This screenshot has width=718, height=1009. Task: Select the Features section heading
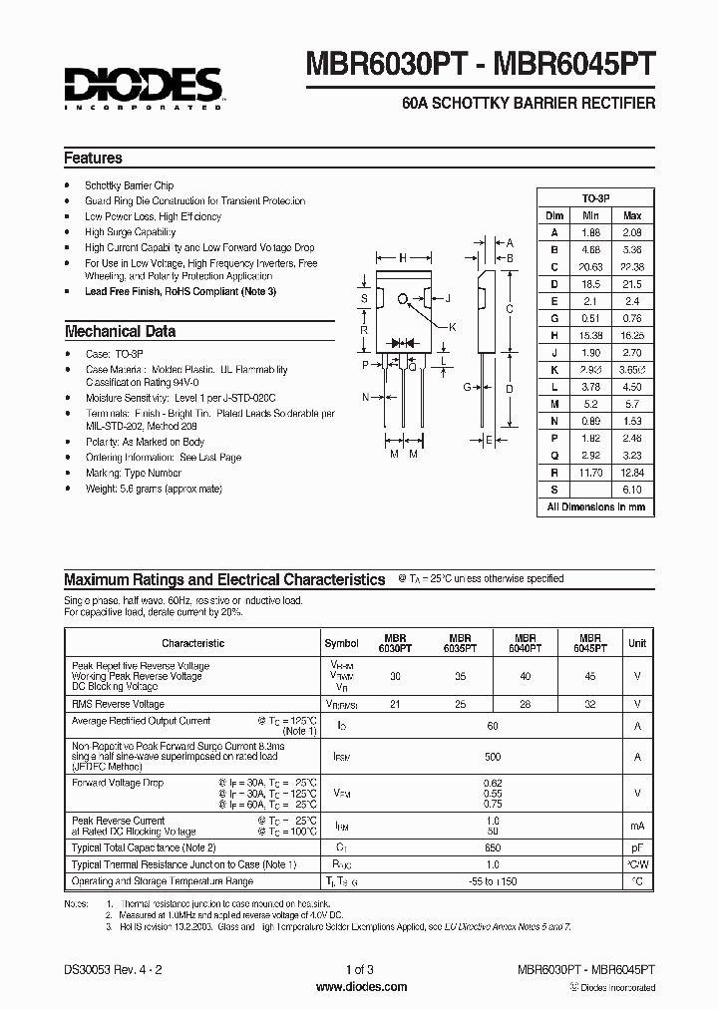click(x=93, y=158)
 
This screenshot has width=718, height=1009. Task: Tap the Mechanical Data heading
click(x=120, y=331)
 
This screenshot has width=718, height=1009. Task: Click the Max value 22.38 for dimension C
click(x=632, y=266)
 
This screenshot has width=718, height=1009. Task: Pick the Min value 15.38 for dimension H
click(x=590, y=336)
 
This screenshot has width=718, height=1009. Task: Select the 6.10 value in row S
click(x=632, y=490)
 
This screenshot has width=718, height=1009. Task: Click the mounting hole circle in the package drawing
click(x=403, y=298)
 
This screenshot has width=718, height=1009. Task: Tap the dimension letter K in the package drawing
click(x=452, y=327)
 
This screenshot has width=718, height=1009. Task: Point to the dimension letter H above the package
click(x=403, y=257)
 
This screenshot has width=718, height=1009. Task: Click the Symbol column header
click(x=341, y=644)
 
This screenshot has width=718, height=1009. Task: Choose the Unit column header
click(x=636, y=644)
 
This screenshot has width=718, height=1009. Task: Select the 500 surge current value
click(x=493, y=757)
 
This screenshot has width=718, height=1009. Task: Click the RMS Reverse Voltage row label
click(x=118, y=704)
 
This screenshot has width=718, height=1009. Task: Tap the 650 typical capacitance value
click(x=493, y=846)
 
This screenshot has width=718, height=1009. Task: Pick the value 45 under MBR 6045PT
click(x=590, y=676)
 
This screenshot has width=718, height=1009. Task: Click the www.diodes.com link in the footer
click(x=360, y=987)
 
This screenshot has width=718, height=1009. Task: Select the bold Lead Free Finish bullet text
click(x=179, y=291)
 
